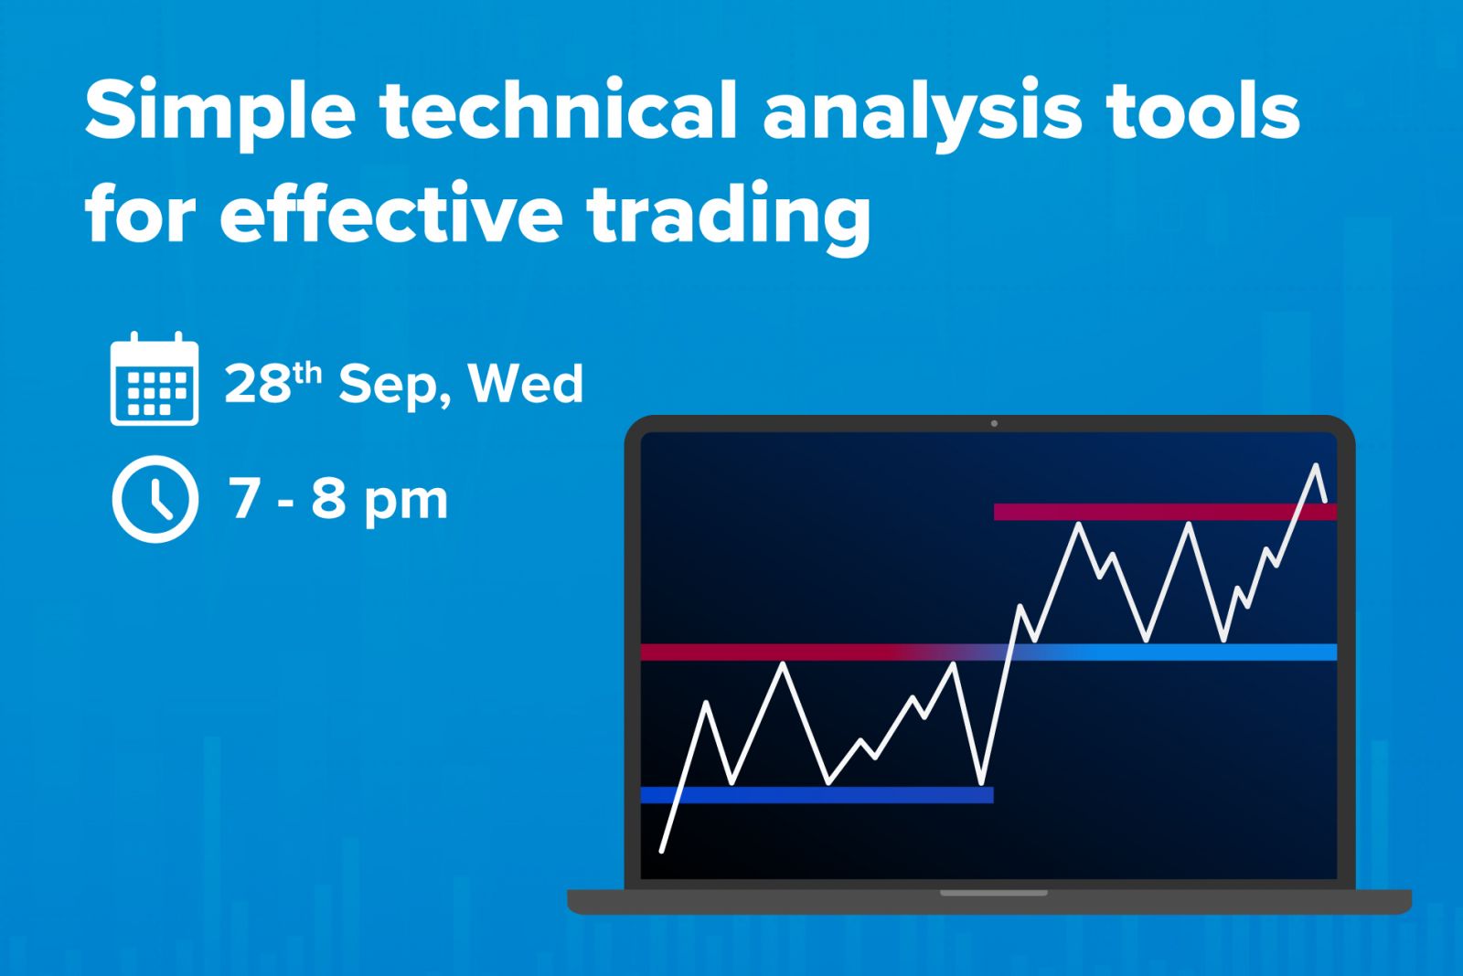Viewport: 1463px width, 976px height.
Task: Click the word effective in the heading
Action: click(x=391, y=212)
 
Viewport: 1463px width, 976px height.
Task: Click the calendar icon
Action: click(x=155, y=378)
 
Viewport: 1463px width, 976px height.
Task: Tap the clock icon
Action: click(x=155, y=499)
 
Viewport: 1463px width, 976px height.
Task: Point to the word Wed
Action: click(x=526, y=383)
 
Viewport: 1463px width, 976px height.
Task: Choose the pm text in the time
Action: click(x=406, y=504)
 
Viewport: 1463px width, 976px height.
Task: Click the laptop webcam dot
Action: click(x=994, y=424)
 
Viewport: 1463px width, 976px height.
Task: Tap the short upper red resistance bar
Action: click(x=1165, y=512)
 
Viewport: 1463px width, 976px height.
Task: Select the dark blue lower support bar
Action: click(x=817, y=794)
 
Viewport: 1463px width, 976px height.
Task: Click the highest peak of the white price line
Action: click(x=1316, y=465)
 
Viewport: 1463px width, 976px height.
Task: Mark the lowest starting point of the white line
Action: click(x=662, y=851)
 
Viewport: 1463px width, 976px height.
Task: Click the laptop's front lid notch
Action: click(x=993, y=893)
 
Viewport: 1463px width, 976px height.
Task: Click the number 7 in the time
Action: click(x=243, y=498)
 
